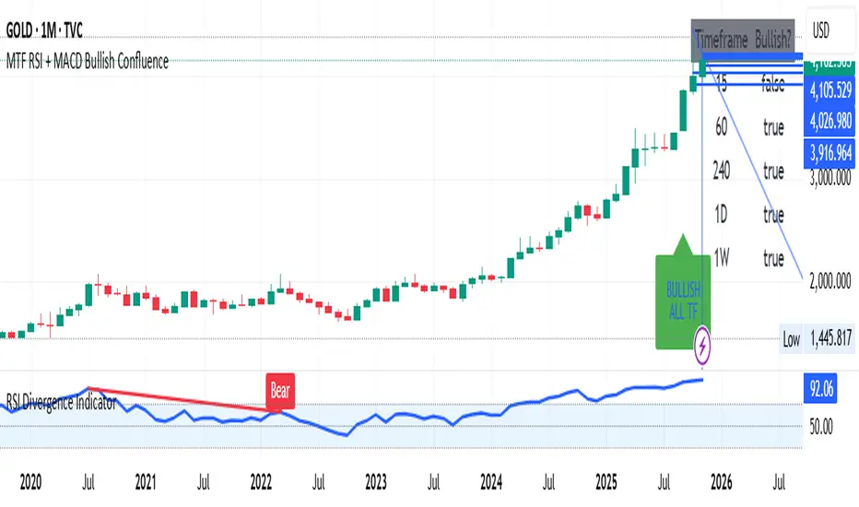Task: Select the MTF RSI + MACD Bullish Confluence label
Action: point(88,63)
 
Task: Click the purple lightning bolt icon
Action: point(703,346)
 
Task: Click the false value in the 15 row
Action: point(774,85)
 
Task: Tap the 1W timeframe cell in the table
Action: point(724,259)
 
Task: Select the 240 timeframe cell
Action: point(723,171)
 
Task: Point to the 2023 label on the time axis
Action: point(375,481)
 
